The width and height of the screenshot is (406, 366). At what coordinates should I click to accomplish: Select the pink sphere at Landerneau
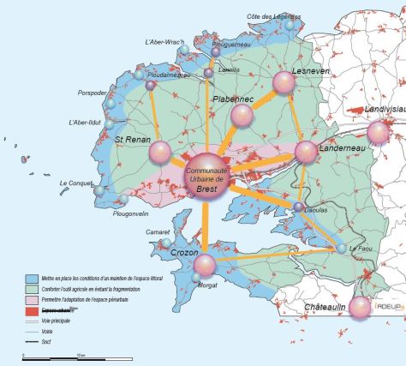pyautogui.click(x=307, y=153)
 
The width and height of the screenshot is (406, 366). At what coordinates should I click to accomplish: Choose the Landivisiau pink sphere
pyautogui.click(x=378, y=132)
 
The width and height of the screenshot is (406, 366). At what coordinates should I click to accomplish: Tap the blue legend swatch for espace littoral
pyautogui.click(x=27, y=279)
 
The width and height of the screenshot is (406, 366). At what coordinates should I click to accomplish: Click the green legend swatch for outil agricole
pyautogui.click(x=27, y=289)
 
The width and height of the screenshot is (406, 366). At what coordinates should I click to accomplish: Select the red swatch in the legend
pyautogui.click(x=27, y=309)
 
